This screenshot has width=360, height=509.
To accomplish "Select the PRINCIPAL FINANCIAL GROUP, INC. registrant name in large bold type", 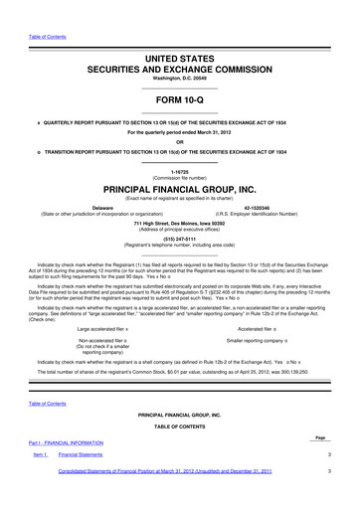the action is [179, 187].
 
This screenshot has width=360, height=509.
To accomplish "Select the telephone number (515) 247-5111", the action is [179, 238].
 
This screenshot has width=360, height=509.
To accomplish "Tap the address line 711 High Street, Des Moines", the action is [179, 223].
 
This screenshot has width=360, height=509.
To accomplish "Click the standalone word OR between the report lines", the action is [179, 139].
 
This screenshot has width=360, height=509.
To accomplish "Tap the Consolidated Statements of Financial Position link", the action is [165, 498].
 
